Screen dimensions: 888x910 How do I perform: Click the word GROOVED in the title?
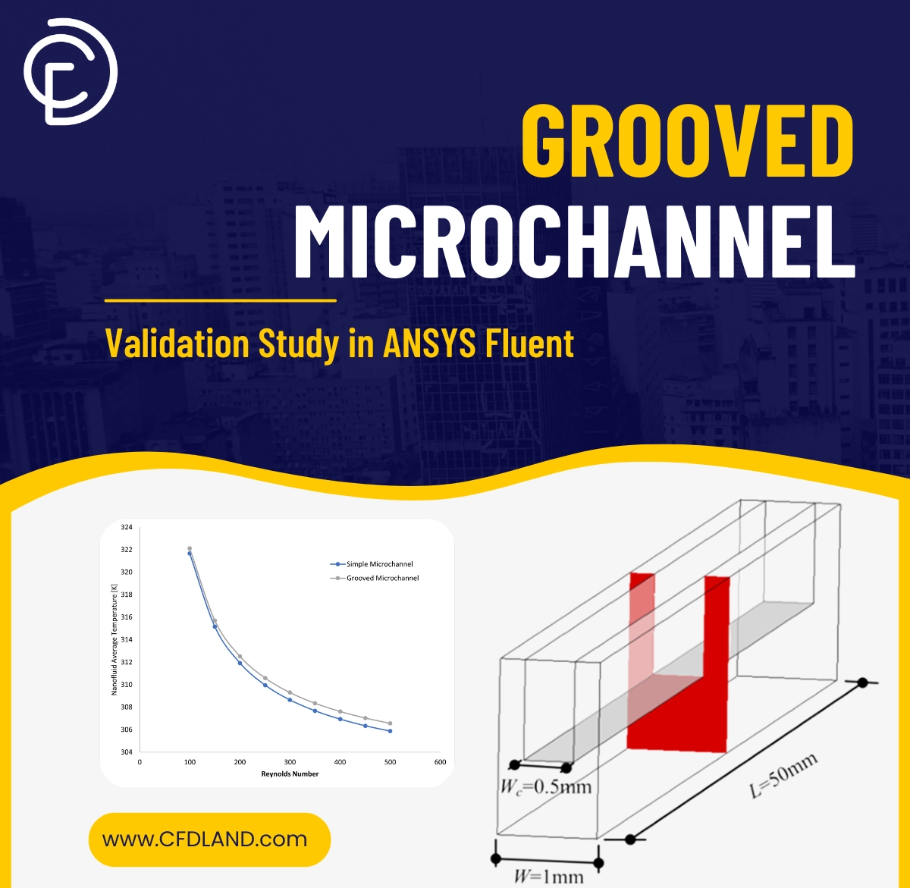point(687,142)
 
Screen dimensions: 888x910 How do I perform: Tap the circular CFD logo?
point(70,71)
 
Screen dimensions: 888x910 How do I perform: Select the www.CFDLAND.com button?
point(209,839)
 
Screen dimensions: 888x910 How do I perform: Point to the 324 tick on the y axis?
point(126,527)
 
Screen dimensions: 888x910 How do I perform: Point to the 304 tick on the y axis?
point(126,752)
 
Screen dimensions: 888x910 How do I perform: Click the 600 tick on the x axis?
point(440,762)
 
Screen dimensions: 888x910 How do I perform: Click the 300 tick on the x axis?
point(290,762)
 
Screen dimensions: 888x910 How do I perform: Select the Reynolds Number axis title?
point(290,774)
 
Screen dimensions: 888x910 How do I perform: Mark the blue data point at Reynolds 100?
point(190,554)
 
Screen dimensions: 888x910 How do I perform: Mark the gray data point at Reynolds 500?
point(390,723)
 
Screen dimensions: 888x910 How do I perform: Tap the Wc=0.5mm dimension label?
point(545,786)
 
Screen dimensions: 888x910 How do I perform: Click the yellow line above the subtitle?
point(220,300)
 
